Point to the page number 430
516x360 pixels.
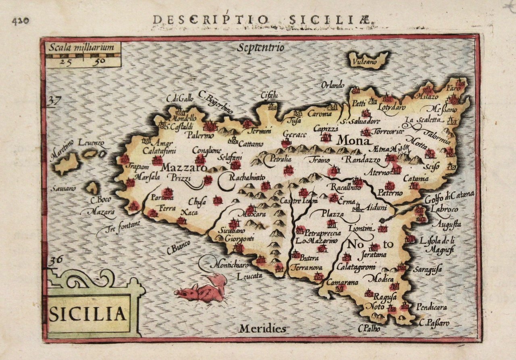20,21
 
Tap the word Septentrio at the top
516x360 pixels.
261,48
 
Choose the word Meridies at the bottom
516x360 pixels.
262,329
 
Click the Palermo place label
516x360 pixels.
200,135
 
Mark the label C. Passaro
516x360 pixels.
434,323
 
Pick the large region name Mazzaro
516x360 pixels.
184,167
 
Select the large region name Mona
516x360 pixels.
353,141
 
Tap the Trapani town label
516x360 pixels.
137,166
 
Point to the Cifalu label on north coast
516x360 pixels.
270,96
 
